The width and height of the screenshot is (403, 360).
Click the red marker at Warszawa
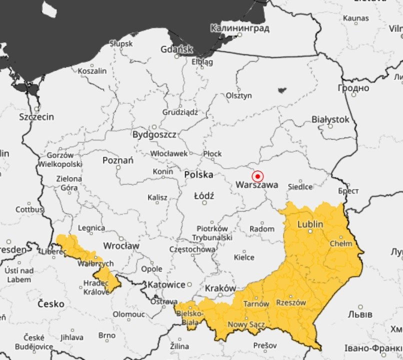coord(257,176)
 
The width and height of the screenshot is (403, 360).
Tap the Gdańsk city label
coord(176,49)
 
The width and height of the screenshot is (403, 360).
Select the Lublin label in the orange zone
coord(310,224)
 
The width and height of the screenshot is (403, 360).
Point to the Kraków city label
coord(220,288)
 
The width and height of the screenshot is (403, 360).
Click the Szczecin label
coord(36,117)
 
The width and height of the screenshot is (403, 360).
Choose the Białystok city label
coord(330,119)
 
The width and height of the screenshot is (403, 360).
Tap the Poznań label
coord(117,160)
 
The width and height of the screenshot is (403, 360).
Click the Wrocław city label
coord(121,246)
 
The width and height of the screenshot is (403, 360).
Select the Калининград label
coord(240,28)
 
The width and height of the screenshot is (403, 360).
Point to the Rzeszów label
coord(290,303)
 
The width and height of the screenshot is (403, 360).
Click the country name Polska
coord(198,174)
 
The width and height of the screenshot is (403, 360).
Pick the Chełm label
coord(341,244)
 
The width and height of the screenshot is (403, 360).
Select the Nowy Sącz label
coord(246,325)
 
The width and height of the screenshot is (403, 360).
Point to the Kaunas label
coord(355,18)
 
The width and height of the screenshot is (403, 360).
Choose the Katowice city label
coord(166,284)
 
